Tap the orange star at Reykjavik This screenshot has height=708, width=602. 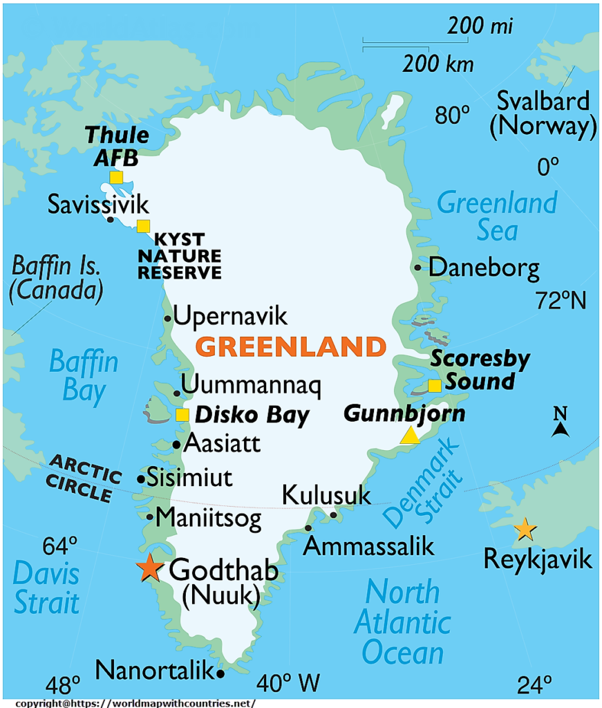point(525,530)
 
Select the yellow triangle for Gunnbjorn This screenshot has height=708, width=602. point(410,435)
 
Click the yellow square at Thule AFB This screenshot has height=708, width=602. point(116,177)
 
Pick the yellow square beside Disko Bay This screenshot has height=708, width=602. point(182,415)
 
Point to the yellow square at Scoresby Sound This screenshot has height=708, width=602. point(435,386)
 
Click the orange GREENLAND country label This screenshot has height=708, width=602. point(290,346)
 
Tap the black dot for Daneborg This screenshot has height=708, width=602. point(417,268)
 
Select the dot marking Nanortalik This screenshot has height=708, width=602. point(220,673)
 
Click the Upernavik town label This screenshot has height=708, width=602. point(229,317)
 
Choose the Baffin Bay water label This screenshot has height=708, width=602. point(84,375)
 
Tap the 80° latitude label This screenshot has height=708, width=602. point(453,115)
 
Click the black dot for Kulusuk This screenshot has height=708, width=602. point(333,514)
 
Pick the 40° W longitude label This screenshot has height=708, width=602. point(288,684)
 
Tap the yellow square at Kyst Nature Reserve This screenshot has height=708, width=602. point(143,225)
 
